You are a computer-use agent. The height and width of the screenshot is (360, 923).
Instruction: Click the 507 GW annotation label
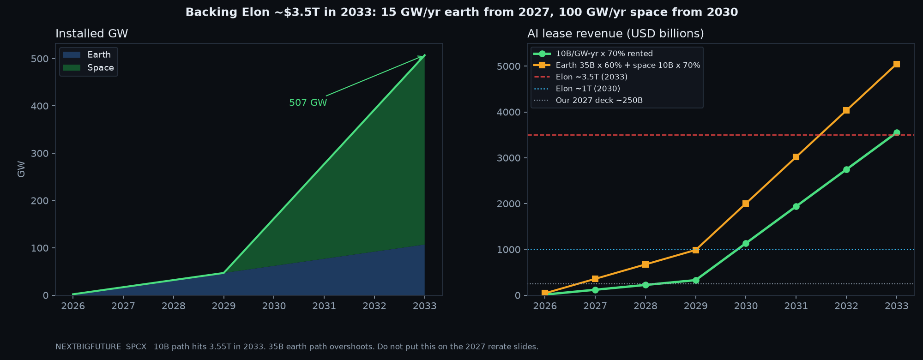point(308,103)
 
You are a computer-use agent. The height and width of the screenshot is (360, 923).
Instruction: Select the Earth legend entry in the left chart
point(87,55)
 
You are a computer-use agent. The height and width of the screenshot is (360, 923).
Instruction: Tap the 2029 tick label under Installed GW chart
point(224,306)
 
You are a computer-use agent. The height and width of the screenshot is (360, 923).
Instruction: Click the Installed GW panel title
point(92,34)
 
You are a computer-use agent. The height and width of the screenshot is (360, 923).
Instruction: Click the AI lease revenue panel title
point(615,34)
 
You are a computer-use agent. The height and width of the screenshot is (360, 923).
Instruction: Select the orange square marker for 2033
point(896,64)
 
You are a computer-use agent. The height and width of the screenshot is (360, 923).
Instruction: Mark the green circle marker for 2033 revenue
point(897,133)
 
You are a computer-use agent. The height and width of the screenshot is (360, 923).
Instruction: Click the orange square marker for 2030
point(746,204)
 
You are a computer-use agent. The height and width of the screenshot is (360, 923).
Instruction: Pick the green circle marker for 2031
point(796,207)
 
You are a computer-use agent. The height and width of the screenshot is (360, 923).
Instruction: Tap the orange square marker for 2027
point(595,279)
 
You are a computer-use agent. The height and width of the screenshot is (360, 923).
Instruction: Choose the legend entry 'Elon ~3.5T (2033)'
point(580,77)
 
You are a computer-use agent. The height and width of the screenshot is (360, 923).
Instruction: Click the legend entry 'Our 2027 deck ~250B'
point(588,100)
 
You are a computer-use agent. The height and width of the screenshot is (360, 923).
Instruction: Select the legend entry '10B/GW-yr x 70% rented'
point(593,54)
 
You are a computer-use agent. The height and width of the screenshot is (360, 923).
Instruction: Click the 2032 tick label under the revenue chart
point(846,306)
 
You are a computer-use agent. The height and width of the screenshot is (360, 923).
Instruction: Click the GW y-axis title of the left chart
point(21,169)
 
